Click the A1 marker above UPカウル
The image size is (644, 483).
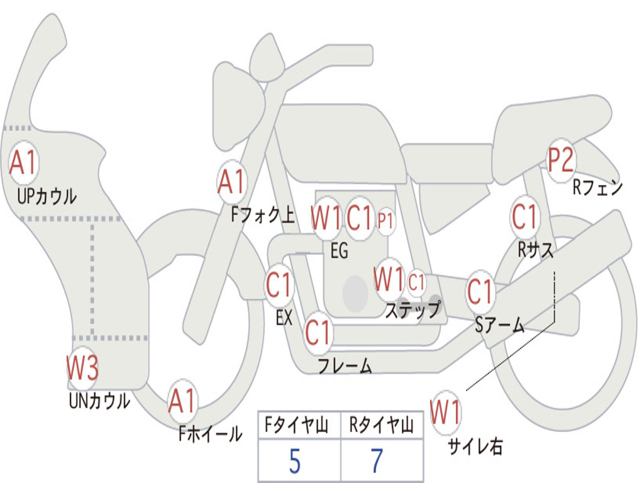pos(24,163)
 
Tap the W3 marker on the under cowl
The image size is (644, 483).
pos(82,369)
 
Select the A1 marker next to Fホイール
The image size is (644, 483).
pos(182,401)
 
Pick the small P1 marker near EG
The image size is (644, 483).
pos(386,221)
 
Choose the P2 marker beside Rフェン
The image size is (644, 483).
pos(560,161)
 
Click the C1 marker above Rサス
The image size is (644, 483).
pos(525,217)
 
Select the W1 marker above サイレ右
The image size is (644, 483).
pos(445,413)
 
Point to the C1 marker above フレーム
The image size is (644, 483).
pos(318,331)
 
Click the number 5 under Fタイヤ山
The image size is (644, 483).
pos(294,462)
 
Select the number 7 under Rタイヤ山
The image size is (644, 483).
pos(377,462)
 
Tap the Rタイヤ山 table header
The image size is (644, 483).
pos(382,427)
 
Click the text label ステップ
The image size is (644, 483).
pos(413,310)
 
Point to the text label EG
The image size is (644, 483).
pos(339,252)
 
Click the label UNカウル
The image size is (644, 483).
pos(99,401)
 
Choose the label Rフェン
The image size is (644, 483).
pos(597,187)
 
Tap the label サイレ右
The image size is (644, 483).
pos(475,446)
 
